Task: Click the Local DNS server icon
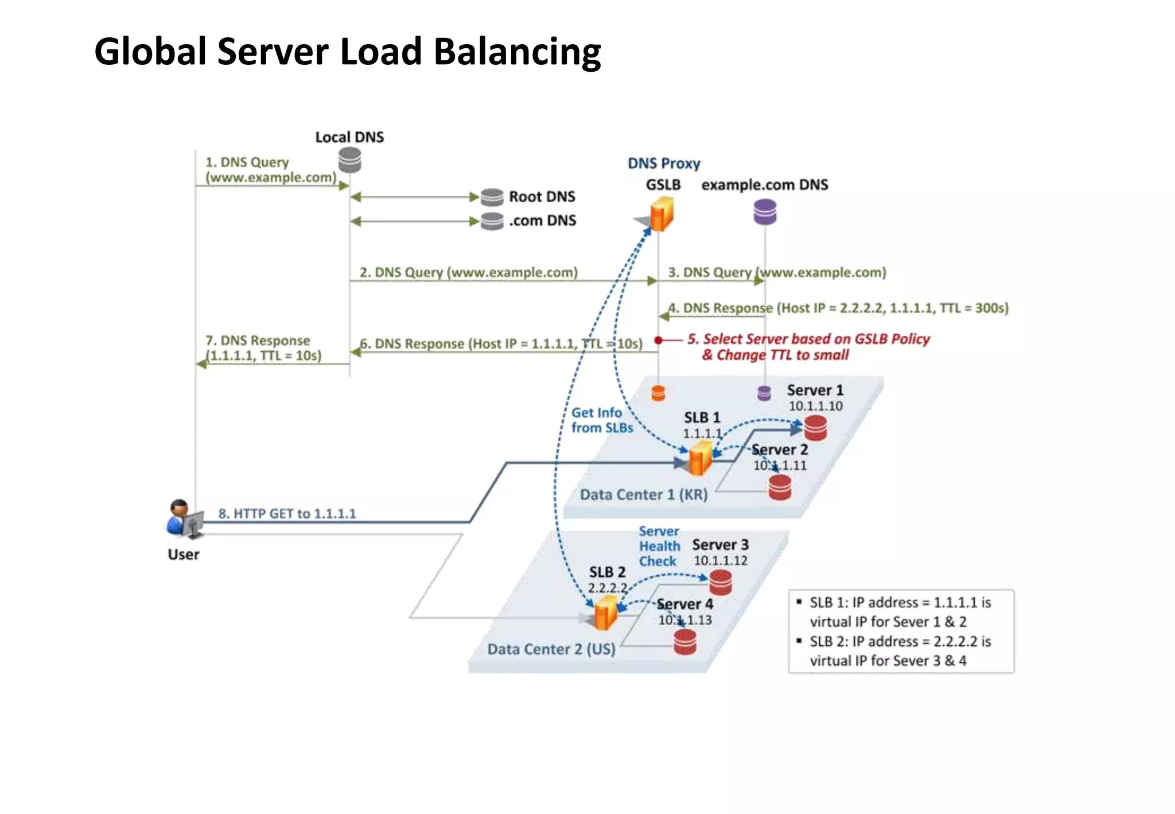(x=349, y=160)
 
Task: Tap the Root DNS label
(x=542, y=197)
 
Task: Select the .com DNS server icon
(x=492, y=221)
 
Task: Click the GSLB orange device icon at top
(x=662, y=214)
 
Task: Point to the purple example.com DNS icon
(x=764, y=212)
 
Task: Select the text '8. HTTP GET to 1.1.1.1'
(x=287, y=513)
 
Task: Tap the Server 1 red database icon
(x=815, y=428)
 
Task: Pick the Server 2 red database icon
(x=779, y=488)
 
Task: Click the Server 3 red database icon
(x=720, y=583)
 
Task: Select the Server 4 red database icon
(x=684, y=642)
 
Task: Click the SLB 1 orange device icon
(x=700, y=458)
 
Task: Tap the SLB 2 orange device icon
(x=605, y=613)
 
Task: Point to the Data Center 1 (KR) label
(x=643, y=495)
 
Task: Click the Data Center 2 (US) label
(x=551, y=649)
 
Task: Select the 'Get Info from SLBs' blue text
(x=601, y=420)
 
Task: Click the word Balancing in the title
(x=517, y=52)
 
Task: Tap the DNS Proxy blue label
(x=664, y=164)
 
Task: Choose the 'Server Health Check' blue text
(x=659, y=546)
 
